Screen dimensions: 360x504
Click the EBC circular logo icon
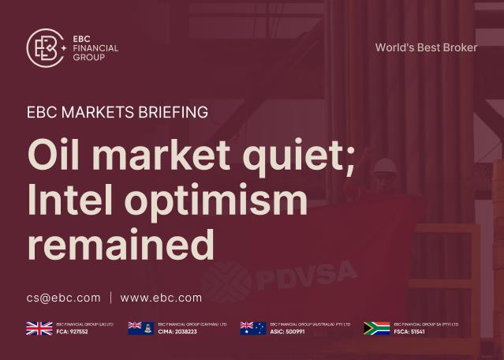pos(46,48)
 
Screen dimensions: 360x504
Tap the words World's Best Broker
pos(426,47)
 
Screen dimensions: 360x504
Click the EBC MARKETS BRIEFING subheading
pos(118,112)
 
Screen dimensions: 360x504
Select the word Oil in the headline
pos(56,154)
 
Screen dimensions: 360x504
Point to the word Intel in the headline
pos(72,200)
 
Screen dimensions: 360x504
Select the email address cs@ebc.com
pos(64,298)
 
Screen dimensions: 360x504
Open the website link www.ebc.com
pos(161,298)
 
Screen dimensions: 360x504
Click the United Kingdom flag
pos(39,328)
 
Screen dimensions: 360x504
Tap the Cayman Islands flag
pos(140,328)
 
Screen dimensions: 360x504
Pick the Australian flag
pos(252,328)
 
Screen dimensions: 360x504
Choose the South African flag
pos(377,328)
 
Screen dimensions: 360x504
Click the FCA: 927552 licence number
pos(72,332)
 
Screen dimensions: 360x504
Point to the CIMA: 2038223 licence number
pos(177,332)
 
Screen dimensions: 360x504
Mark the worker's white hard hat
pos(385,166)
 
